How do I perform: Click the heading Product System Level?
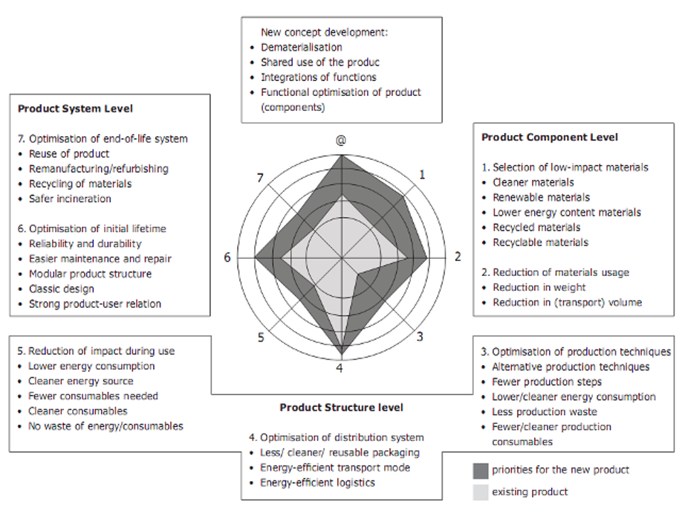click(75, 109)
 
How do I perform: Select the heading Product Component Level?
click(549, 137)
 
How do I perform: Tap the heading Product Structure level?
click(341, 408)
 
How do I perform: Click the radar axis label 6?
click(227, 257)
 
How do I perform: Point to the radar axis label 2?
click(458, 257)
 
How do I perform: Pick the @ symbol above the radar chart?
click(342, 139)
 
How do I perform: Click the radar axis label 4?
click(340, 367)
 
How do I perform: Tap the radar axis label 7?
click(259, 177)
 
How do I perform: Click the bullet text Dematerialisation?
click(302, 47)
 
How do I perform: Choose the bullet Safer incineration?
click(70, 199)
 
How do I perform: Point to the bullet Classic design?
click(62, 289)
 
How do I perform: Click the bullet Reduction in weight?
click(539, 287)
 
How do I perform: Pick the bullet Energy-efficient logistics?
click(317, 482)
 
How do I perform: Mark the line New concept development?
click(325, 32)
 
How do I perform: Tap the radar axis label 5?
click(261, 337)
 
